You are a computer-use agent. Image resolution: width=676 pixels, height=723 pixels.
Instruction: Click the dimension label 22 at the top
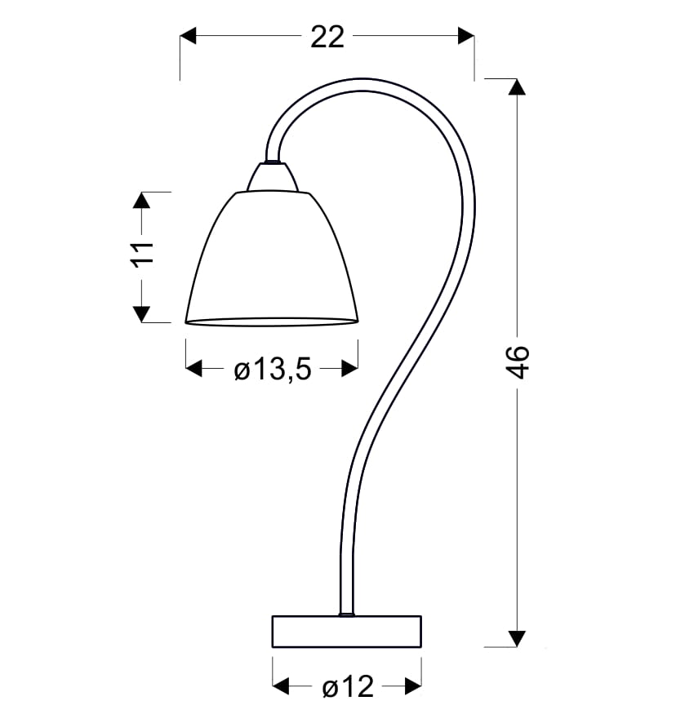tap(327, 37)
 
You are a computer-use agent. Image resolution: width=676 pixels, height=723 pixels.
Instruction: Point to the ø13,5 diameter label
tap(273, 369)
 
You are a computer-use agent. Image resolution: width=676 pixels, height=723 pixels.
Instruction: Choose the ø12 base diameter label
tap(348, 686)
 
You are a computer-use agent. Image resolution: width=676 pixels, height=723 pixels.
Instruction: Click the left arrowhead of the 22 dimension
tap(188, 36)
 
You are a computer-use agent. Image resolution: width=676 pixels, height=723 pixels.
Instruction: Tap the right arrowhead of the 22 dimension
tap(466, 36)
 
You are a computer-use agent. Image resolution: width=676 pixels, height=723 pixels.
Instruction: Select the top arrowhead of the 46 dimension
tap(517, 87)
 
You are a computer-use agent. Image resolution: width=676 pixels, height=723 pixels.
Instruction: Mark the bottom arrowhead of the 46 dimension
tap(517, 639)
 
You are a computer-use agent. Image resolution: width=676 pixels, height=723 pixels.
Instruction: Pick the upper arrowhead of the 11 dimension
tap(142, 201)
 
